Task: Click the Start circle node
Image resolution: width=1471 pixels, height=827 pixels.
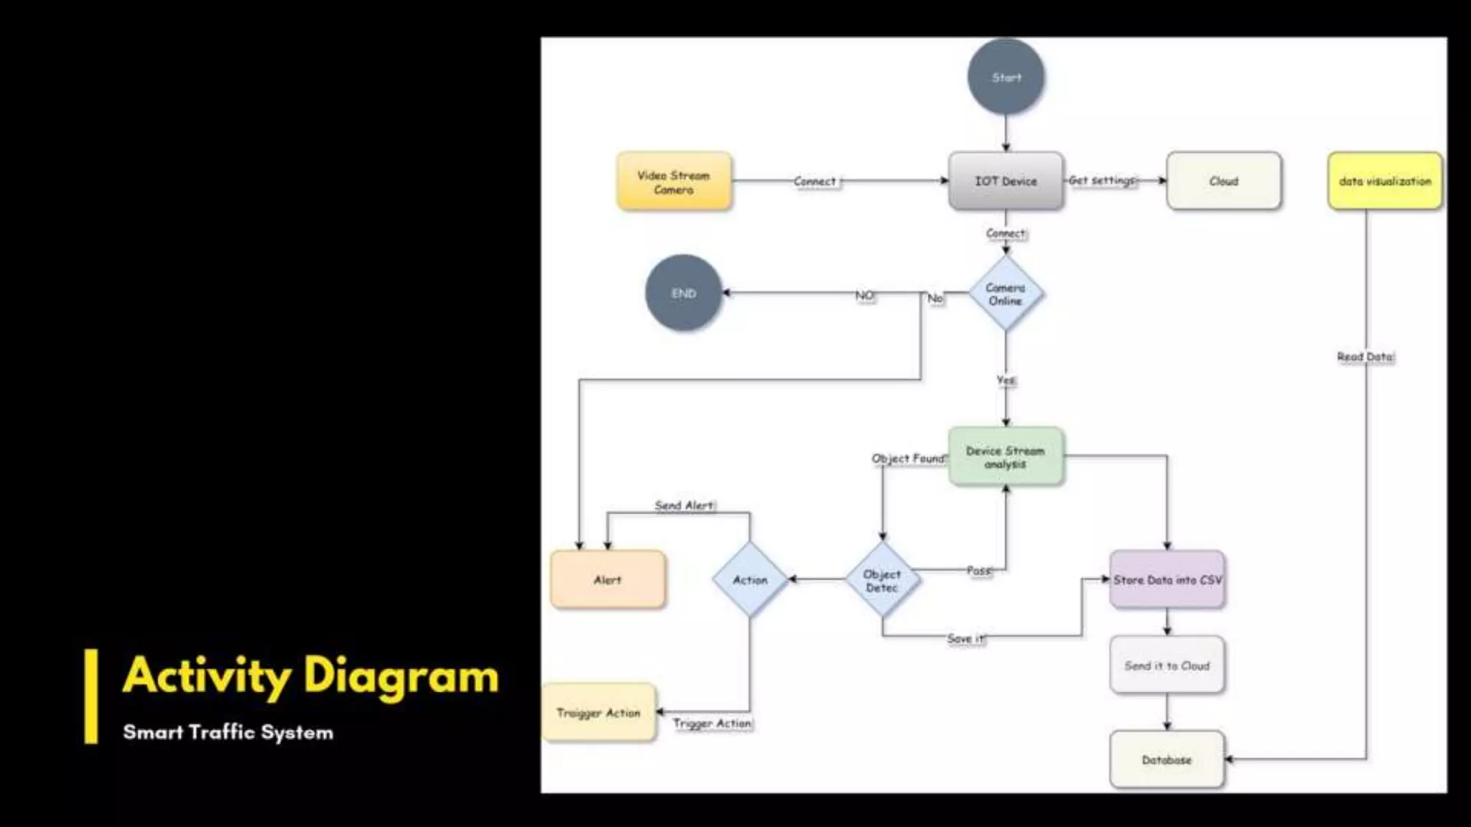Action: [1006, 77]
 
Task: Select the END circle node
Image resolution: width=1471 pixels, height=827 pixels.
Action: [683, 293]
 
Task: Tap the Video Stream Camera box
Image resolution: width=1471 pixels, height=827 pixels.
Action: [674, 182]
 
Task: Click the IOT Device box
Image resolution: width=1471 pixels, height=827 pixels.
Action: [1006, 181]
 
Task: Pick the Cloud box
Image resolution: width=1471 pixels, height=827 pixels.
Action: [1223, 181]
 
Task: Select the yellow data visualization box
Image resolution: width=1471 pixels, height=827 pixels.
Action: [1384, 181]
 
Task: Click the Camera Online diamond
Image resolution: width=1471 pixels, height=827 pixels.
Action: [1006, 294]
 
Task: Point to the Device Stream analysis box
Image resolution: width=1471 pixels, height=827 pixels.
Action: [1006, 457]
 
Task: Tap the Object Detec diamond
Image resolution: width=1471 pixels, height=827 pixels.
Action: [882, 580]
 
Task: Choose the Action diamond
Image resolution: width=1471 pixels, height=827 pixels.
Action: [750, 580]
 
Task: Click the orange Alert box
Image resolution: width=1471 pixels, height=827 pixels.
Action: [608, 580]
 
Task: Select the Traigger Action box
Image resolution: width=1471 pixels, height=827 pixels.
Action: [598, 712]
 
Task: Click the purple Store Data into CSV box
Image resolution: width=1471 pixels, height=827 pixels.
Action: [1166, 580]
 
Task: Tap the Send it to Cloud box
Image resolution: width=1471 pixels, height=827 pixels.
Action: [1166, 665]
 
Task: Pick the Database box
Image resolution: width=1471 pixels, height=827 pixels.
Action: [1166, 760]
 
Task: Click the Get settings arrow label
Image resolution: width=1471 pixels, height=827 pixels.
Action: [1102, 180]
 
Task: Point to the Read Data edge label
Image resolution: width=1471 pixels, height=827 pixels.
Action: [1365, 357]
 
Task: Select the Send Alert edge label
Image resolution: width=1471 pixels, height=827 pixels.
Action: [685, 505]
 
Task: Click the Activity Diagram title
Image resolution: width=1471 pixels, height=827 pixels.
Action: [310, 676]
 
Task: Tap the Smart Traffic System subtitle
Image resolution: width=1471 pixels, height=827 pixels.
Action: [228, 732]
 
